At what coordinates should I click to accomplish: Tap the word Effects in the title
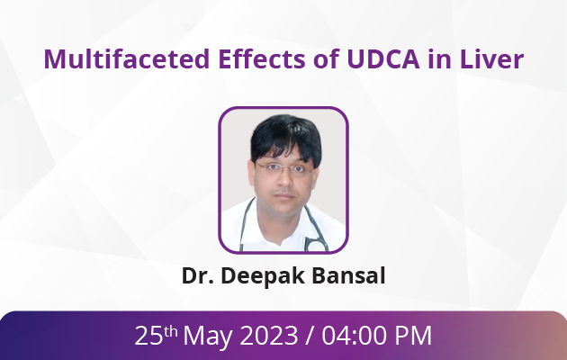pos(262,58)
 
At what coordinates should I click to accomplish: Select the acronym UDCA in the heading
pos(383,58)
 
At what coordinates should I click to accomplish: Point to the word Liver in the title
pos(491,58)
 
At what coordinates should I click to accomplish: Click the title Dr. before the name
pos(198,275)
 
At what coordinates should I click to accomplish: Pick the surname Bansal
pos(348,275)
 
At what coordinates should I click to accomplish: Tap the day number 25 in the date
pos(148,336)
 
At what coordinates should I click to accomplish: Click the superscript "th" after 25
pos(171,331)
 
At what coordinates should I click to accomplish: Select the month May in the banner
pos(208,337)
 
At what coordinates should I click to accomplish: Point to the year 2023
pos(269,336)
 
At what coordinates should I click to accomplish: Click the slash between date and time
pos(310,336)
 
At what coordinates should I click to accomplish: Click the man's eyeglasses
pos(283,168)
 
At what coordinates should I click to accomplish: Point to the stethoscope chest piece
pos(316,246)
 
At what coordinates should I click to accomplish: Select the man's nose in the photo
pos(284,179)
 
